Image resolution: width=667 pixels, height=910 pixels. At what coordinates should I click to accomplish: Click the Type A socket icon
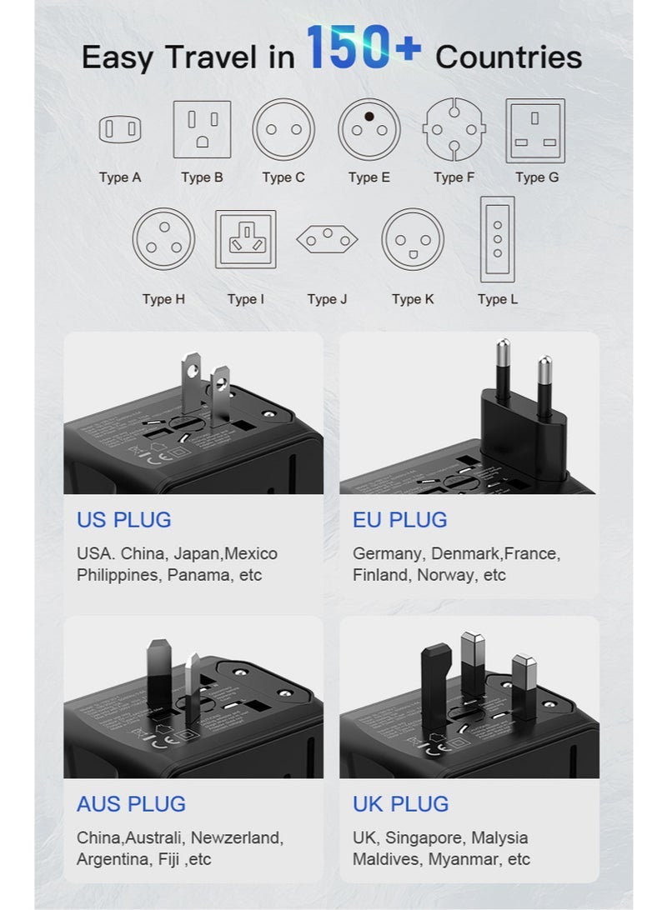click(x=120, y=130)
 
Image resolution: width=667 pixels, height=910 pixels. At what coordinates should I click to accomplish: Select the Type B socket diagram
click(x=202, y=129)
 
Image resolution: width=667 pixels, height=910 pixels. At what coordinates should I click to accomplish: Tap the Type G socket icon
click(x=535, y=130)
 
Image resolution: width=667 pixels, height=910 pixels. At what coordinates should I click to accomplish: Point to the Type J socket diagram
click(x=327, y=240)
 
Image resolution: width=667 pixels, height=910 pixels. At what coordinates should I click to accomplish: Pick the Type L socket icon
click(x=498, y=240)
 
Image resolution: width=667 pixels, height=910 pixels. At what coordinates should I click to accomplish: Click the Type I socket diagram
click(x=245, y=239)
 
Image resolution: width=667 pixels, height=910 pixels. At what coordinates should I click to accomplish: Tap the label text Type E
click(x=369, y=177)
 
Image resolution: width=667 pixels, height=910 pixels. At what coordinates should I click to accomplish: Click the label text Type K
click(x=413, y=299)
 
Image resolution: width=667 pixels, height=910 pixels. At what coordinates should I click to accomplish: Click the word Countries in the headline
click(x=509, y=57)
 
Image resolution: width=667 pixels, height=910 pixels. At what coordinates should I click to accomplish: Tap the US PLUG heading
click(x=123, y=520)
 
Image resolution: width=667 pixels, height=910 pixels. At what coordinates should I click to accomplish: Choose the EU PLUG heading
click(x=399, y=520)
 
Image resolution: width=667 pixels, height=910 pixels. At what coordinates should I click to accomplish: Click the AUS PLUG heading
click(x=131, y=804)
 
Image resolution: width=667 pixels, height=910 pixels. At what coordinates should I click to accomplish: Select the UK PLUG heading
click(x=400, y=804)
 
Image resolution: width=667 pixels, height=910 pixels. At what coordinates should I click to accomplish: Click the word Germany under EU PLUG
click(x=389, y=554)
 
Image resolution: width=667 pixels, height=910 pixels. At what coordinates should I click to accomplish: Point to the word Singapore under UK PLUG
click(x=423, y=837)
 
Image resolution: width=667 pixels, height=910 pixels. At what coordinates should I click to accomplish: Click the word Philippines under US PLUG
click(x=117, y=575)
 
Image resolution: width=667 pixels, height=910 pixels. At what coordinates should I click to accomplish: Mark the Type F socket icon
click(x=454, y=129)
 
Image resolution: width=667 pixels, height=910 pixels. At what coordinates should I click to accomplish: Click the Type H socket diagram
click(x=163, y=239)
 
